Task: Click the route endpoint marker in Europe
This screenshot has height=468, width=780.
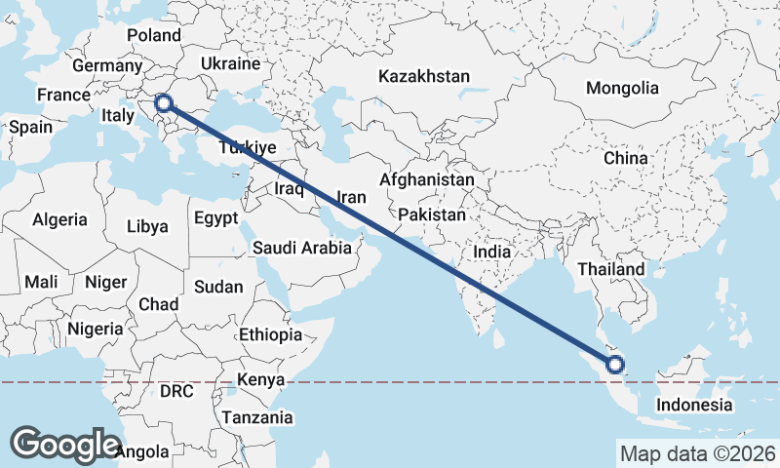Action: click(164, 102)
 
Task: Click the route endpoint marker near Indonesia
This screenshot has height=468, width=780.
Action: click(615, 366)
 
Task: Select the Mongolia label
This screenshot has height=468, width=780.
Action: click(622, 88)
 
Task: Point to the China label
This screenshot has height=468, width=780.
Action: click(625, 158)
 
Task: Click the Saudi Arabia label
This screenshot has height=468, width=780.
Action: click(301, 248)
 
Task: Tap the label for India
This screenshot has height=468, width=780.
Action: click(492, 252)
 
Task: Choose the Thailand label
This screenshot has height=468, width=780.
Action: click(610, 269)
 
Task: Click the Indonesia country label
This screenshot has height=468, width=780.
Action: click(693, 405)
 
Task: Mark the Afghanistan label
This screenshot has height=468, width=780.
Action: click(427, 180)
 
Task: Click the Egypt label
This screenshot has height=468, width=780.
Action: click(215, 217)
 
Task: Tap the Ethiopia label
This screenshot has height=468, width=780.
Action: click(270, 334)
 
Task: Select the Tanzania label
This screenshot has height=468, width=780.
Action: click(257, 417)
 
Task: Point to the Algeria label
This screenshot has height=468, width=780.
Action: click(59, 220)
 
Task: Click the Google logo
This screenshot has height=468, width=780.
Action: click(64, 444)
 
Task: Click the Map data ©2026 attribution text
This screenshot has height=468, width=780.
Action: click(697, 453)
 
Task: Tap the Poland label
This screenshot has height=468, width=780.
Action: click(154, 35)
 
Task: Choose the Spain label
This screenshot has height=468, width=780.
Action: click(30, 127)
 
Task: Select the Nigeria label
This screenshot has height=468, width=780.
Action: click(96, 328)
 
